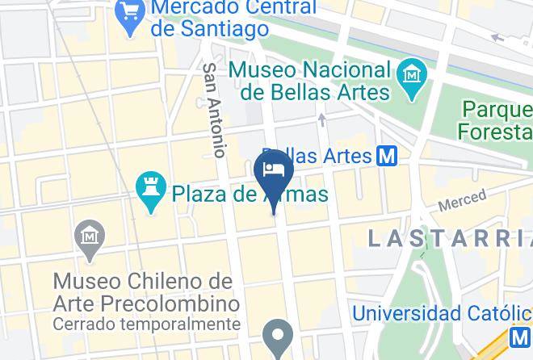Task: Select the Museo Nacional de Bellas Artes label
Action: click(x=309, y=81)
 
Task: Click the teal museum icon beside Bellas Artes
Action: click(x=413, y=77)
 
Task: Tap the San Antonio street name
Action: click(x=213, y=110)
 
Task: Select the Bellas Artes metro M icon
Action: click(x=387, y=156)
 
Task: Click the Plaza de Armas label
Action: click(x=250, y=195)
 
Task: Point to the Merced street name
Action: click(x=462, y=200)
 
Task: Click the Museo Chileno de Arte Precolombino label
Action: click(x=147, y=293)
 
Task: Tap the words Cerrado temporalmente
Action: click(x=147, y=324)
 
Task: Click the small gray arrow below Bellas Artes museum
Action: click(x=321, y=120)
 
